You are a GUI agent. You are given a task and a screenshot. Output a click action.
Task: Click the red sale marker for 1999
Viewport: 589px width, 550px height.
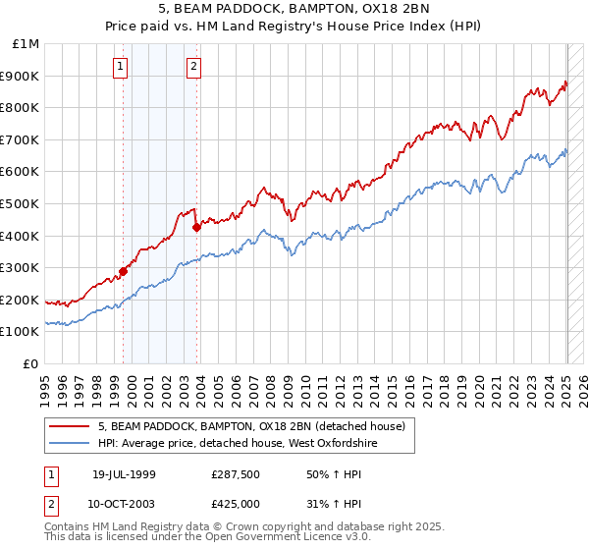(x=124, y=272)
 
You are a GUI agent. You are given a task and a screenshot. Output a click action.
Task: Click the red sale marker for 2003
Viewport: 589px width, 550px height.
(x=197, y=227)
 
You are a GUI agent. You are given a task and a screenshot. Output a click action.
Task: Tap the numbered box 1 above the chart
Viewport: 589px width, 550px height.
(x=120, y=67)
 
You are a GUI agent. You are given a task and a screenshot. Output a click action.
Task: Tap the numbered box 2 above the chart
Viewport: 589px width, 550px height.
(x=193, y=67)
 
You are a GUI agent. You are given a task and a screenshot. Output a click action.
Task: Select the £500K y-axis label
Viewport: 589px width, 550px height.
(x=21, y=204)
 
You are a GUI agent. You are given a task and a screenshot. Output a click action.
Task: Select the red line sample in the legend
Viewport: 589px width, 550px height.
(x=70, y=426)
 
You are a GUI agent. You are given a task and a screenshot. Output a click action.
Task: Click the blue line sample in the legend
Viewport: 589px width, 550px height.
(x=70, y=444)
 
